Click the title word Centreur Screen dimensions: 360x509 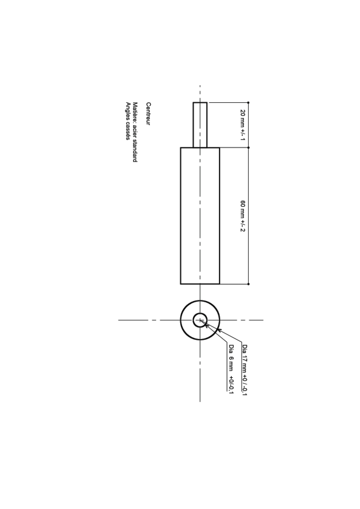point(148,114)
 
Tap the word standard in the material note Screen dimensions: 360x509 point(135,151)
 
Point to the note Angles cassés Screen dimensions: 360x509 point(128,121)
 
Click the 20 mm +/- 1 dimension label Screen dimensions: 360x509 point(243,125)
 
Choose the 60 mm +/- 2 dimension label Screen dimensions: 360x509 point(243,216)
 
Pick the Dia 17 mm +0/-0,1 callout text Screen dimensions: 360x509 point(244,370)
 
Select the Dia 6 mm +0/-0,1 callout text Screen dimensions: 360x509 point(231,369)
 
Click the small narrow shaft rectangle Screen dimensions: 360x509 point(200,125)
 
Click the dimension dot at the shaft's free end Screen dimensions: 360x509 point(249,103)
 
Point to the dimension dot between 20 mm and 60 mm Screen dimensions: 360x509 point(249,148)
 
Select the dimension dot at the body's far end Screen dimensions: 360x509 point(249,284)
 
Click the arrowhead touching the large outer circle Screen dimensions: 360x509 point(219,330)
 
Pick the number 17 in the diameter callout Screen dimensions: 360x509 point(244,358)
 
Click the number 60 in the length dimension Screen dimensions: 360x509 point(243,204)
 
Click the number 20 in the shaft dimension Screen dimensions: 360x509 point(243,112)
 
